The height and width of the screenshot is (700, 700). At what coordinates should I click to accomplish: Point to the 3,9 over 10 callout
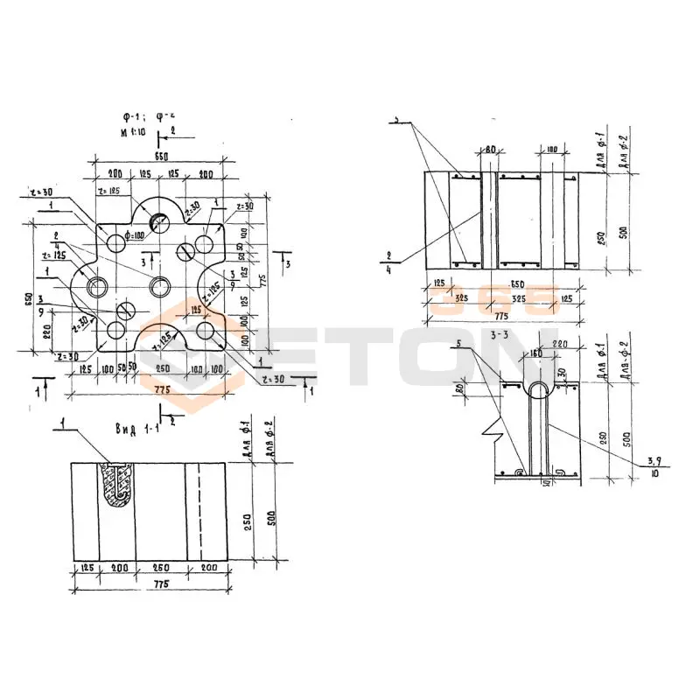pos(653,467)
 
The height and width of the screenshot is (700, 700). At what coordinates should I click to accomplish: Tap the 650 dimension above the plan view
pos(160,155)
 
